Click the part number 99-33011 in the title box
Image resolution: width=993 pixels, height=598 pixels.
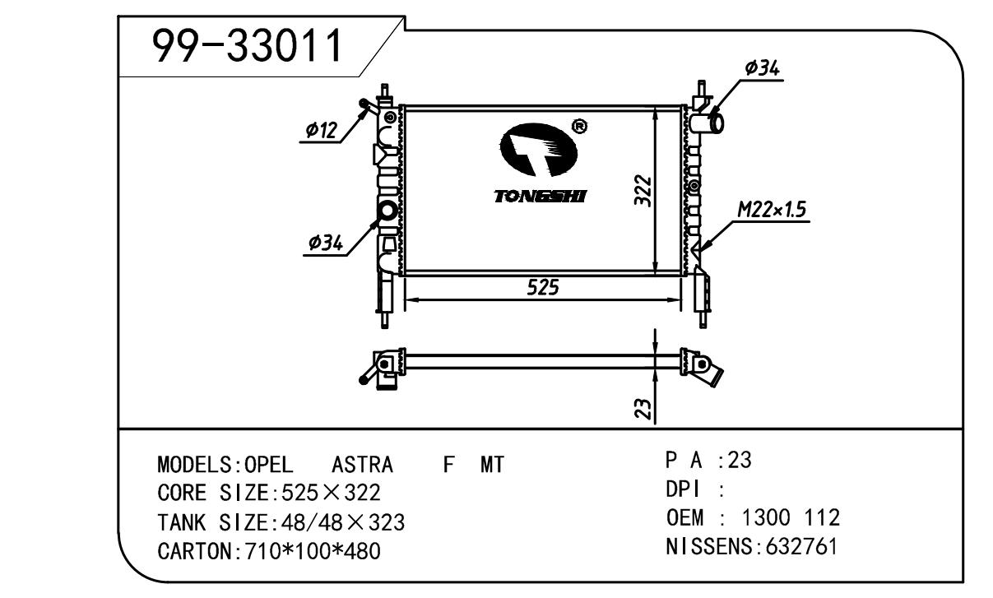coord(248,45)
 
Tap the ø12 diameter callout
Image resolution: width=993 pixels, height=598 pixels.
coord(322,130)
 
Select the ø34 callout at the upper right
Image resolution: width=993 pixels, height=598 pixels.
coord(762,68)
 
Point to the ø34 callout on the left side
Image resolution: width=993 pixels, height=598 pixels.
coord(326,243)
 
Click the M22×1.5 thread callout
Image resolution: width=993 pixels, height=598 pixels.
coord(772,209)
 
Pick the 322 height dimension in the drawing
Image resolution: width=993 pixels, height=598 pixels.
coord(643,191)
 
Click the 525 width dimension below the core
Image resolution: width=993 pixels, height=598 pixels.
coord(543,287)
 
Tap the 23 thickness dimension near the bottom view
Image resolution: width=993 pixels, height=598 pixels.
coord(643,409)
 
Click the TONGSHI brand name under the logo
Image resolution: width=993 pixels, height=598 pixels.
coord(540,197)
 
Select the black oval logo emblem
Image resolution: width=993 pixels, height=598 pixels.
coord(538,149)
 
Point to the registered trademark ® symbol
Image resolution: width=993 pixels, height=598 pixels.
coord(579,127)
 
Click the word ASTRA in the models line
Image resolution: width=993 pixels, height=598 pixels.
coord(362,465)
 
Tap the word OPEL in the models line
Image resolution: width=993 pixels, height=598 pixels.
coord(269,465)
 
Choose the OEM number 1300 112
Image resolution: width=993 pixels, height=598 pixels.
coord(791,517)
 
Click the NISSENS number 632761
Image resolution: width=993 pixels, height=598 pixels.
coord(801,546)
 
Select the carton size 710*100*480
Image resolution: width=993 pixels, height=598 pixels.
coord(313,551)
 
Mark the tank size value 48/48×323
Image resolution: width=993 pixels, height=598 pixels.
coord(343,522)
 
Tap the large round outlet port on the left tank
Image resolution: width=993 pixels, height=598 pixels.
coord(387,210)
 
